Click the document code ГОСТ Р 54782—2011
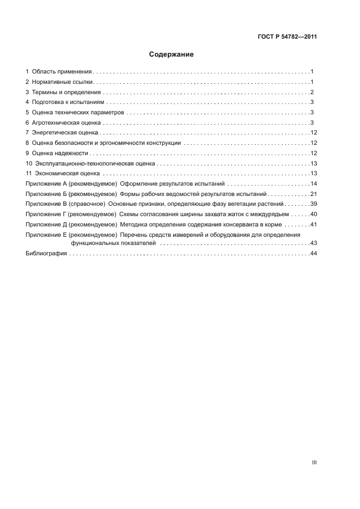(x=286, y=37)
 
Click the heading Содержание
(x=171, y=54)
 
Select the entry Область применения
(x=62, y=72)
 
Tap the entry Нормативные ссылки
(x=63, y=82)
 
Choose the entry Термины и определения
(x=66, y=92)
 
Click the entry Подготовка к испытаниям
(x=68, y=102)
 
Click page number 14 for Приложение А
(x=313, y=185)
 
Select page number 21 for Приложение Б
(x=313, y=194)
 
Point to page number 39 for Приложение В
(x=313, y=204)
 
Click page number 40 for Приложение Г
(x=313, y=214)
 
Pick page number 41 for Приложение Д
(x=313, y=224)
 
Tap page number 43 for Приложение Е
(x=313, y=243)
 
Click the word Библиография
(x=46, y=254)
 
